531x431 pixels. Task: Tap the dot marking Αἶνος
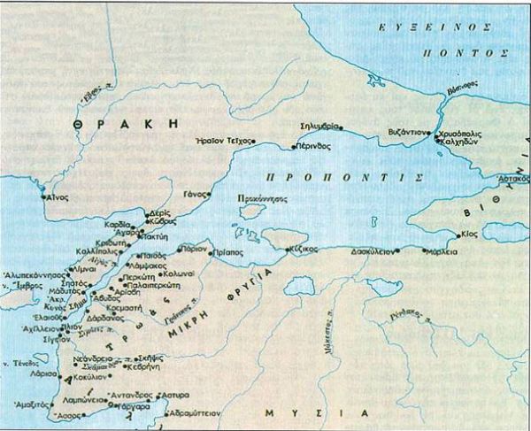(44, 197)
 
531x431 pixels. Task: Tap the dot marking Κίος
(458, 235)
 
